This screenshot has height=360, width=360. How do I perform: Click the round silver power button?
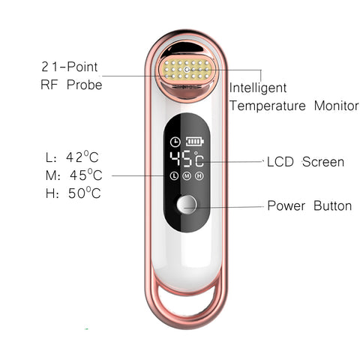[x=187, y=205]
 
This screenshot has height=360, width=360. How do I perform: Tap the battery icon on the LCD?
[x=194, y=142]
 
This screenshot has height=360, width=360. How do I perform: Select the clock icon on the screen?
[x=175, y=142]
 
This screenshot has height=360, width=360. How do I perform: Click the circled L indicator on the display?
[x=174, y=175]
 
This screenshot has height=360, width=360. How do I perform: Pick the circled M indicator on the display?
[x=187, y=175]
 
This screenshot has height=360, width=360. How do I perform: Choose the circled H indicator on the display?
[x=199, y=175]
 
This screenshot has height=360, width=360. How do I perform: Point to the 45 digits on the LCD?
[x=181, y=159]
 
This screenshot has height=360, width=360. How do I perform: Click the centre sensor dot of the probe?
[x=187, y=70]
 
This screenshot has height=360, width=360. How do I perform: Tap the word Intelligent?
[x=258, y=88]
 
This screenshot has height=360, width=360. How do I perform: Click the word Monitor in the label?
[x=336, y=106]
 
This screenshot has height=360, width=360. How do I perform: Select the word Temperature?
[x=268, y=106]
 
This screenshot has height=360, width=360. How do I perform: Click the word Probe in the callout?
[x=84, y=85]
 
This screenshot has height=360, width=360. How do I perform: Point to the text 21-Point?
[x=70, y=67]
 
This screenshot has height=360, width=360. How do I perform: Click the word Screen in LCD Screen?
[x=323, y=162]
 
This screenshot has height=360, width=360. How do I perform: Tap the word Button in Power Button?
[x=332, y=205]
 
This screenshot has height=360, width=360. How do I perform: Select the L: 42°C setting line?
[x=72, y=157]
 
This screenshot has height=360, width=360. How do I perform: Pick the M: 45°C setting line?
[x=74, y=175]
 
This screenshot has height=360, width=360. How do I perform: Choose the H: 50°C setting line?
[x=73, y=193]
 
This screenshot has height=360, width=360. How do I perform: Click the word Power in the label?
[x=286, y=205]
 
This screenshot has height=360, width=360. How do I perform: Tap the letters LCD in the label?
[x=280, y=162]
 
